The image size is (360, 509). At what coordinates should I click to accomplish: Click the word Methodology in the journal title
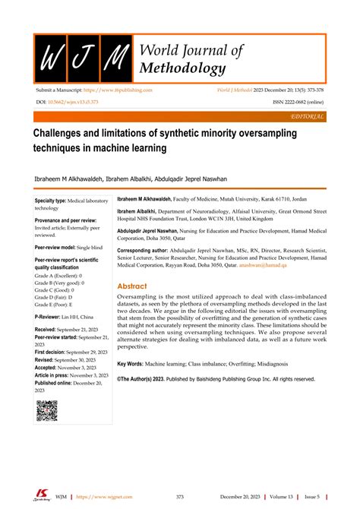182,69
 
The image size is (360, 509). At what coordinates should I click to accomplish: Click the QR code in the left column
47,412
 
